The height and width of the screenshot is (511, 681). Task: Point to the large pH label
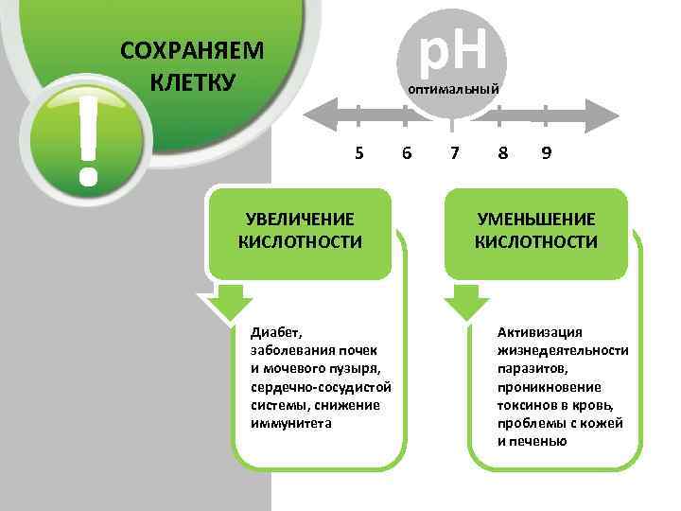(453, 49)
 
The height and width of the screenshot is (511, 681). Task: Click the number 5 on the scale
(358, 152)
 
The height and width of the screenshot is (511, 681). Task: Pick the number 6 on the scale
(407, 152)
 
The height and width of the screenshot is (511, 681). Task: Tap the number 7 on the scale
(455, 152)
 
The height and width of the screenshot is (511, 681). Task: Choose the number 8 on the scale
(501, 152)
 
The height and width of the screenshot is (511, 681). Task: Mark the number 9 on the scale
(547, 152)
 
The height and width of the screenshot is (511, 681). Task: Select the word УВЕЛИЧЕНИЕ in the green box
(301, 220)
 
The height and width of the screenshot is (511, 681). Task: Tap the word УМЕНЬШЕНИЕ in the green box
(535, 220)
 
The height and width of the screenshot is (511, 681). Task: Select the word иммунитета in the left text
(290, 423)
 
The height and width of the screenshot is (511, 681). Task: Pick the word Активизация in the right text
(540, 332)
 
